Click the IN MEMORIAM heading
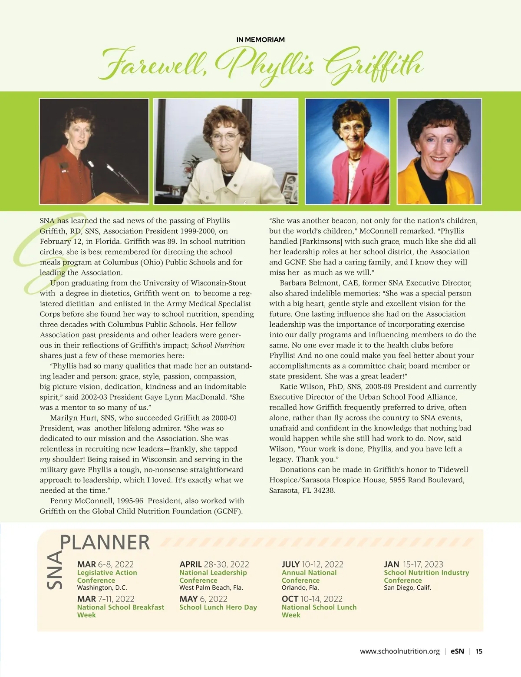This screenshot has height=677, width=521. click(260, 40)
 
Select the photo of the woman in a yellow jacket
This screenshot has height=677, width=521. click(439, 151)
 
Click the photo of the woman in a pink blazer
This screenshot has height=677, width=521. click(347, 151)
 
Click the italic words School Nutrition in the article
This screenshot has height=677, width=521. click(218, 345)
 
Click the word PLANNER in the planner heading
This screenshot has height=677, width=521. click(105, 542)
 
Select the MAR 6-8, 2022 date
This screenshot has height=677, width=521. click(105, 564)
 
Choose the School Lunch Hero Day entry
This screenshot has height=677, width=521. click(218, 607)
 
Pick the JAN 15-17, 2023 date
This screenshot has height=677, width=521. click(413, 564)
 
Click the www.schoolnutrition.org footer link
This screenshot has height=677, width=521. click(399, 651)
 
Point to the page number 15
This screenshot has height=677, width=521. click(479, 651)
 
